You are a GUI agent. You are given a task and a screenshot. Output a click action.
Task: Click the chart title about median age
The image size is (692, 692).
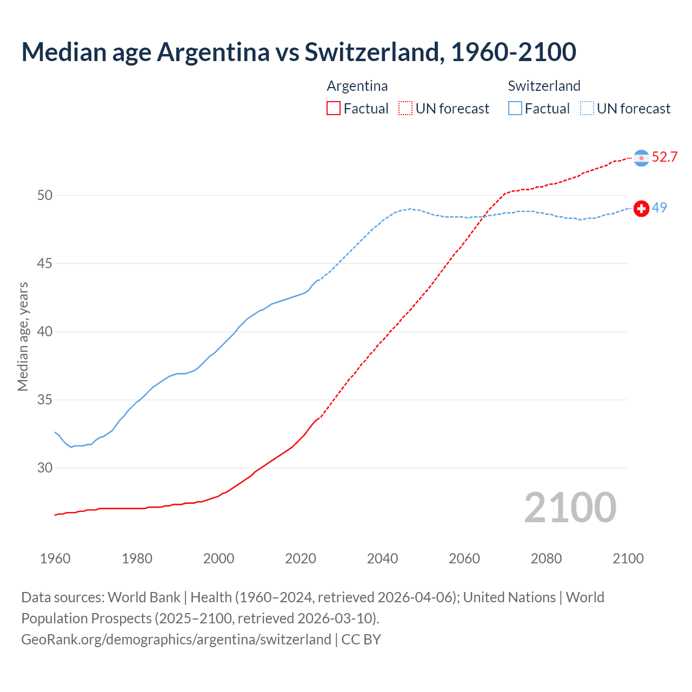coord(298,52)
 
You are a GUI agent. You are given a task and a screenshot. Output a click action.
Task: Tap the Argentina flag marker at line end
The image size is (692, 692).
coord(641,158)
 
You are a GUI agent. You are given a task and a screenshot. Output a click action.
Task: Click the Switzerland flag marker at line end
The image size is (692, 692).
coord(641,209)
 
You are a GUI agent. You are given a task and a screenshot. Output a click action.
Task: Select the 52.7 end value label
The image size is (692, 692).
coord(664,157)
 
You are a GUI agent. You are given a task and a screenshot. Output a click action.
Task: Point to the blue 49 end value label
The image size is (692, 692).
coord(659,208)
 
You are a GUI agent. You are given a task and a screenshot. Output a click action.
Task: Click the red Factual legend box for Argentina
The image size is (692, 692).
coord(334,109)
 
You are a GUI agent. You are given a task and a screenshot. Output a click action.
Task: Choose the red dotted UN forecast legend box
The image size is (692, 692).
coord(405,109)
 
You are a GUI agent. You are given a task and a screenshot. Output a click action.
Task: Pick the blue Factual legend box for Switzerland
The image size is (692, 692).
coord(515,109)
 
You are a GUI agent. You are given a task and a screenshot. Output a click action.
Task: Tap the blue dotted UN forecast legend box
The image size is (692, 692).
coord(587,109)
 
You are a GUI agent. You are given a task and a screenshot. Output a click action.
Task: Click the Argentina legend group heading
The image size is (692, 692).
coord(357,86)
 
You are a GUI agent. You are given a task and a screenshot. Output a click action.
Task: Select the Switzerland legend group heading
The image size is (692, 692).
coord(544,86)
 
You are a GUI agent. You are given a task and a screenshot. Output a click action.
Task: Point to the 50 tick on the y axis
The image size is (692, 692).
coord(45,195)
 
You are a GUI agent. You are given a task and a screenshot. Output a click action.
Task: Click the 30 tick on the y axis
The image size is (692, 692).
coord(45,468)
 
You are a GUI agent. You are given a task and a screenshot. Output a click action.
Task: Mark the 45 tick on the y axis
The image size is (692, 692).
coord(45,263)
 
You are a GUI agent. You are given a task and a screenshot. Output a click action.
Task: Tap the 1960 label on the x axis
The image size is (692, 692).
coord(55,558)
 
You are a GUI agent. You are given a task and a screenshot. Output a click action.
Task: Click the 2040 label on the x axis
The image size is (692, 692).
coord(382,558)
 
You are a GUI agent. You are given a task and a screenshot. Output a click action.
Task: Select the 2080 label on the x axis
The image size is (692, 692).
coord(546,558)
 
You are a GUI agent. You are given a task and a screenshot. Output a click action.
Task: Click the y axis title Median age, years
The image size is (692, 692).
coord(23,336)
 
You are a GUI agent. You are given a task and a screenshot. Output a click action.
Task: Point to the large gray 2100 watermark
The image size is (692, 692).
coord(570,507)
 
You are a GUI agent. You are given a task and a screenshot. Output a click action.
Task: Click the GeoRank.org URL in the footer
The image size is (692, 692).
coord(176,640)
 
